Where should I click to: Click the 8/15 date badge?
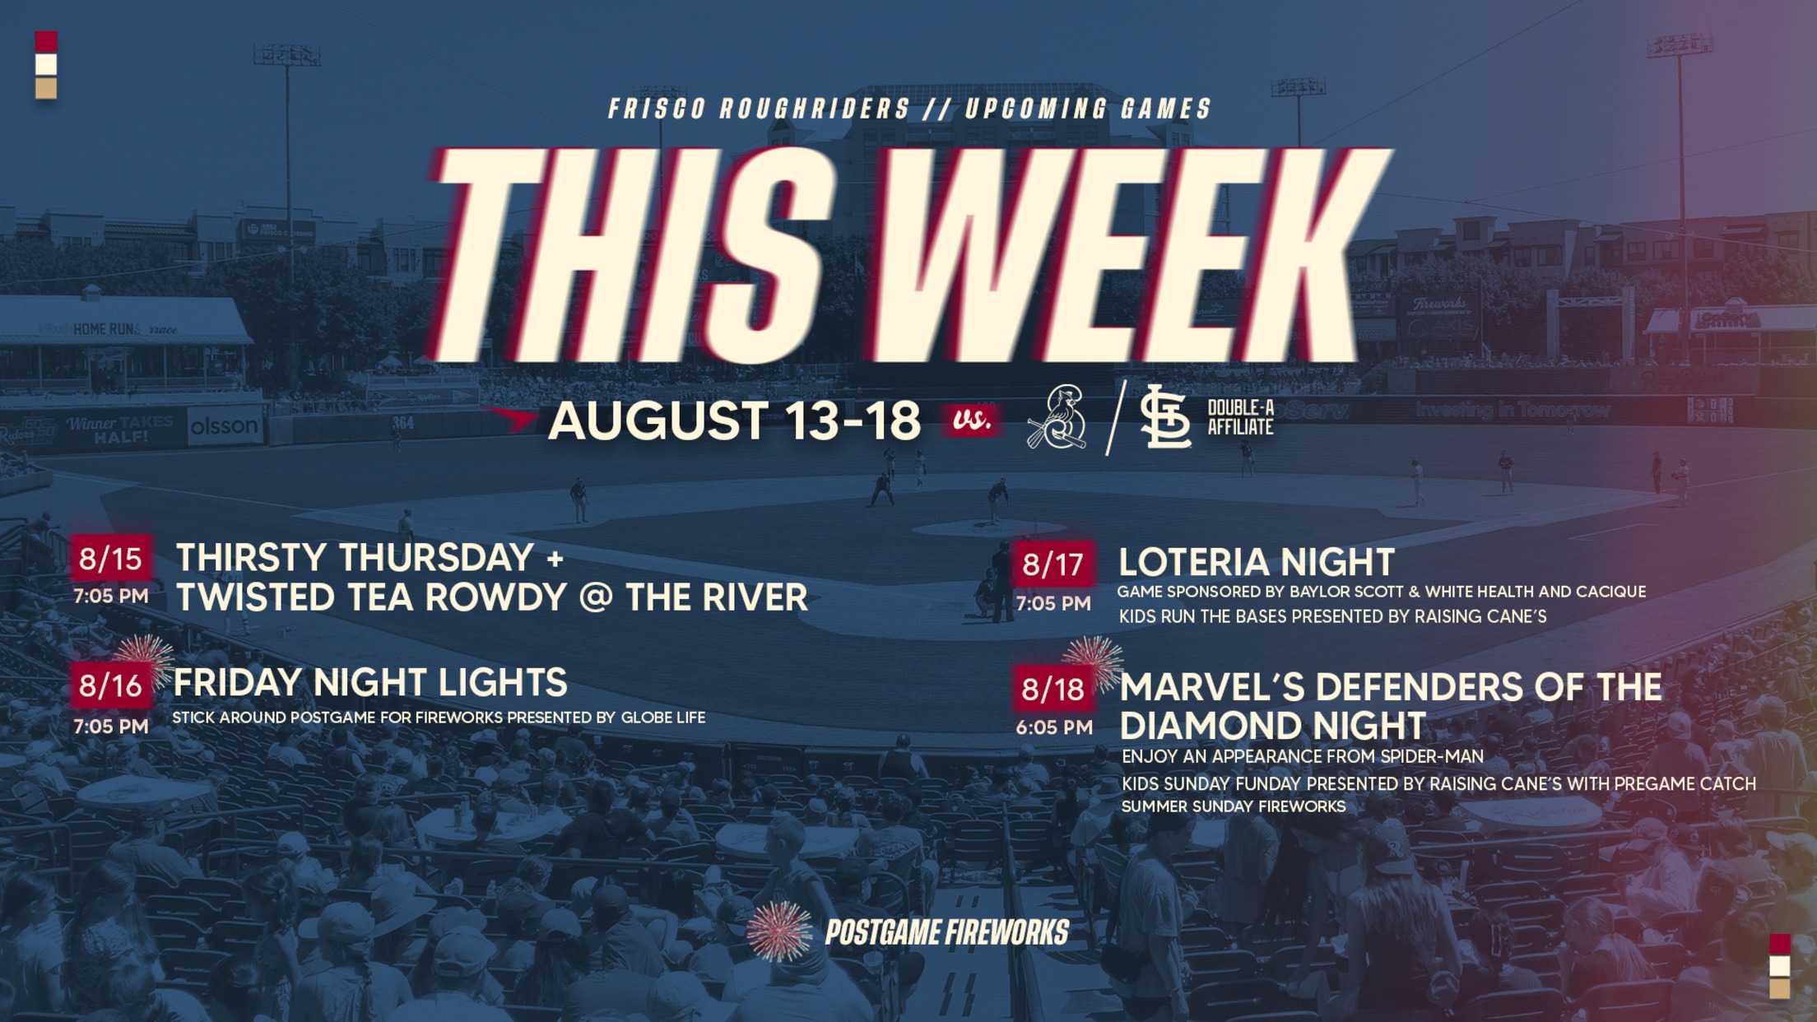click(111, 559)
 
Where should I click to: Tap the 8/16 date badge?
click(111, 685)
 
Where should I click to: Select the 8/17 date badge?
click(1053, 564)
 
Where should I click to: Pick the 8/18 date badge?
click(1053, 689)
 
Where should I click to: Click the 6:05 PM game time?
click(1054, 727)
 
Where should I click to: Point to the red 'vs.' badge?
click(972, 420)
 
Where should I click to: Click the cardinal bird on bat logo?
click(1057, 418)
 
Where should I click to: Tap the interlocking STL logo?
click(1165, 417)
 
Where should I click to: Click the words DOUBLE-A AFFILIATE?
click(1240, 417)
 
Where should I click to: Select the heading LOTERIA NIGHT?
click(1257, 563)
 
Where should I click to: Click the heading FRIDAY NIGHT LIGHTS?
click(370, 683)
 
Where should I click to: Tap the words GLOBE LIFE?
click(663, 718)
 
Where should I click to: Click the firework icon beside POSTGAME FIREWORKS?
click(778, 931)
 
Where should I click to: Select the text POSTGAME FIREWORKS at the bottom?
click(946, 933)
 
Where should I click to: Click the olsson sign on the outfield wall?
click(225, 426)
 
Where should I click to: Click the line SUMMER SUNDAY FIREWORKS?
click(1234, 806)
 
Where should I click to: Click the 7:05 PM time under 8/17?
click(1053, 603)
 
